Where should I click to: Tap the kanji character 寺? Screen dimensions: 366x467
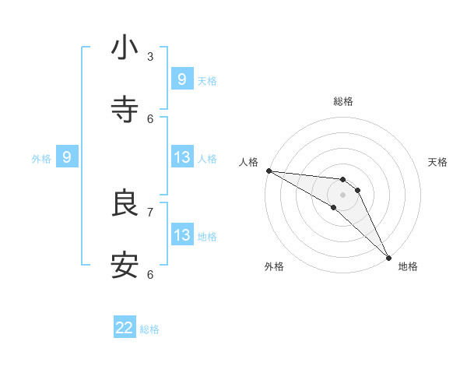coord(125,110)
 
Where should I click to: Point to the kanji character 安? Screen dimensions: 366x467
coord(125,266)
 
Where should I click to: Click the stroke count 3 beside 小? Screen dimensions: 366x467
coord(150,56)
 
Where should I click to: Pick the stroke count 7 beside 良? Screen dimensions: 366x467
coord(150,212)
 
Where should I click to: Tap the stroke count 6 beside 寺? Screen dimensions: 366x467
coord(150,118)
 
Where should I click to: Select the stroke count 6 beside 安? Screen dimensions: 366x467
coord(150,274)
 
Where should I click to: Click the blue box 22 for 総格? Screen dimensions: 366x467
coord(125,328)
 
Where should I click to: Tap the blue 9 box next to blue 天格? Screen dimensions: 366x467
coord(182,79)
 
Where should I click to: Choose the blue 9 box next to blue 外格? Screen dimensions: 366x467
coord(67,157)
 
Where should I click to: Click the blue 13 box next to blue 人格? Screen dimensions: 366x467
coord(182,157)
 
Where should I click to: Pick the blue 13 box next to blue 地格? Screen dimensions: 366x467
coord(182,235)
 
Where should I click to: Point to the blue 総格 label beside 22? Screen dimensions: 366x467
coord(149,329)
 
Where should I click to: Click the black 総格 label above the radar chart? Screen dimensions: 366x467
coord(343,101)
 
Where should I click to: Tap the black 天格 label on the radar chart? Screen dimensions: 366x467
coord(438,162)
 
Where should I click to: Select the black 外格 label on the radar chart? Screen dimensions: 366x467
coord(274,266)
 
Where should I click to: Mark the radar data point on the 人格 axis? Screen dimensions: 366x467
coord(269,171)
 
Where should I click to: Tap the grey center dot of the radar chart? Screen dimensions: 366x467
coord(342,194)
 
